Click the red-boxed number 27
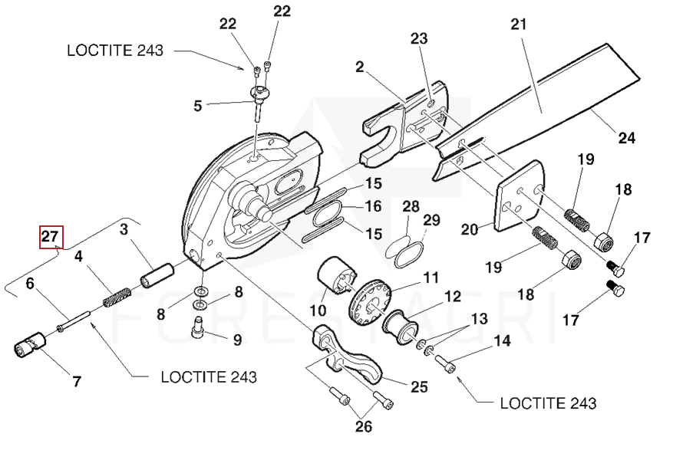click(x=51, y=238)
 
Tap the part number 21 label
click(x=520, y=25)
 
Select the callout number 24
click(x=627, y=139)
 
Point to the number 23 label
click(x=419, y=38)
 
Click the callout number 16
click(x=373, y=207)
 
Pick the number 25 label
click(x=418, y=387)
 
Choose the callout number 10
click(x=318, y=310)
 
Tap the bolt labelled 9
click(x=197, y=330)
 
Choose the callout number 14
click(x=502, y=341)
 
